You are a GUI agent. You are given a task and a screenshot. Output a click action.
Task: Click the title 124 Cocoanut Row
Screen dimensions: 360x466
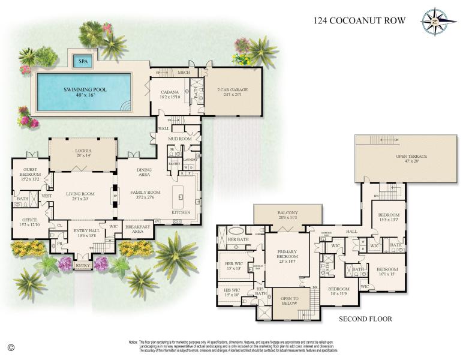[360, 21]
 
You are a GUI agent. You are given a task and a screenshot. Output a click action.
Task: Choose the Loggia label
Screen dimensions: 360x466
[83, 152]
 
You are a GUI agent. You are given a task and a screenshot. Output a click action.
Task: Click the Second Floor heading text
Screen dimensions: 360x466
[365, 319]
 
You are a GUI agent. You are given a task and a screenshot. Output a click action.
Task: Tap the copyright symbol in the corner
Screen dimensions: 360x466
[11, 347]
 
